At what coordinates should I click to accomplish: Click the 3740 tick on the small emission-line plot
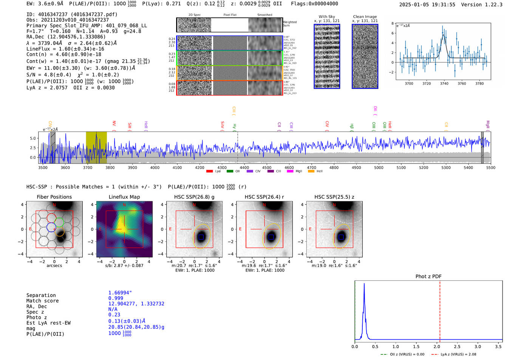[444, 83]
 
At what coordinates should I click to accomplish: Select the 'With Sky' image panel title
[327, 17]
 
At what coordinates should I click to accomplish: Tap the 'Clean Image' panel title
[365, 17]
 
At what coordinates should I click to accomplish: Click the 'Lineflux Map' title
[124, 197]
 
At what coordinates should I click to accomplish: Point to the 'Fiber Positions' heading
[54, 197]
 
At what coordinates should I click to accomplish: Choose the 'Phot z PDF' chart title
[428, 277]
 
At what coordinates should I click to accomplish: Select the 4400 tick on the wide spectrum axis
[244, 167]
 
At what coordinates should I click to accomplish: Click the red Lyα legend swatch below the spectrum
[209, 172]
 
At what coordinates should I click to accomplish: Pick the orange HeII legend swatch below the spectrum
[311, 172]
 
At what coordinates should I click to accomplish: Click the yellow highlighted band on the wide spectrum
[96, 147]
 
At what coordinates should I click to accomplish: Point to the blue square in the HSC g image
[201, 237]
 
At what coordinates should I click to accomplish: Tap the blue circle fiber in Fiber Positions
[51, 227]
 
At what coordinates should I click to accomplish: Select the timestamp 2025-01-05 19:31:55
[427, 5]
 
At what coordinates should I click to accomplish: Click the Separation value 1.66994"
[120, 293]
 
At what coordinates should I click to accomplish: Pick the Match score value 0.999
[116, 298]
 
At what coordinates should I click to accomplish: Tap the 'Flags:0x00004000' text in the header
[314, 4]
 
